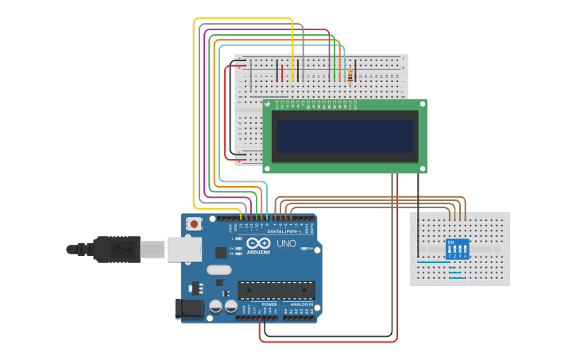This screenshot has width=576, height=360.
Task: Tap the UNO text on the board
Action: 287,243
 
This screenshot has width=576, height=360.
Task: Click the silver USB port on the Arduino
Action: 184,249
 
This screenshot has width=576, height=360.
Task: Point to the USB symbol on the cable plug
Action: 120,249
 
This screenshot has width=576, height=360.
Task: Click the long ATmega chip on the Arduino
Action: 276,290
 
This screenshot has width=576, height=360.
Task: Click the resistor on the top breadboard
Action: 350,75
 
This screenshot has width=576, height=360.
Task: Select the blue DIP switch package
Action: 457,248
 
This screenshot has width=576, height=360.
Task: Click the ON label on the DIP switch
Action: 451,242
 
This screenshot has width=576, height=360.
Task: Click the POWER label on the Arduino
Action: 269,304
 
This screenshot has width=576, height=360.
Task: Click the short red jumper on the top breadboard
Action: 282,73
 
